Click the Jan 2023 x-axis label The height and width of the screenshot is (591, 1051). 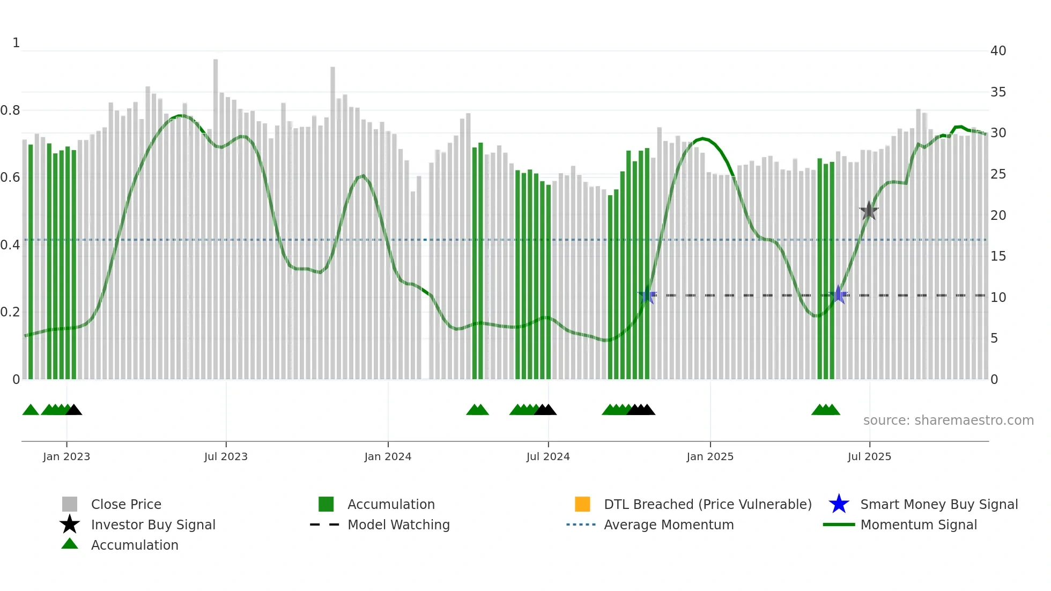[66, 456]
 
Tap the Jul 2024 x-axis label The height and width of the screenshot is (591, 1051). [547, 456]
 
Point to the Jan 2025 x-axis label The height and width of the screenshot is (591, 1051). [709, 456]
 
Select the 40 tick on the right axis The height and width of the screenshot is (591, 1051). [998, 51]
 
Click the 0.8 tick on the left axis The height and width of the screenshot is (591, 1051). [10, 110]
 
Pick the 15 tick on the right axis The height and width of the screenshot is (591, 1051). [998, 256]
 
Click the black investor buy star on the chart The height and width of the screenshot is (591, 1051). [869, 211]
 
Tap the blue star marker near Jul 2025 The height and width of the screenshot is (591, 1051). [838, 294]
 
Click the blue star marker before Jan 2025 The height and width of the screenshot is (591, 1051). [647, 295]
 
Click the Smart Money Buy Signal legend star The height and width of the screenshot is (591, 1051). [839, 504]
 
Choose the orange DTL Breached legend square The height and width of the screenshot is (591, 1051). [582, 504]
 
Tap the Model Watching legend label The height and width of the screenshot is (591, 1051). [398, 524]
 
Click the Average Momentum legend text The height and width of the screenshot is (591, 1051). [669, 524]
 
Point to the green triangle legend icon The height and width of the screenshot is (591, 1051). [70, 544]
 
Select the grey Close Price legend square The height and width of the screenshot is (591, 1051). [70, 504]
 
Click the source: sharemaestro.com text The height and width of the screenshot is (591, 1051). [948, 420]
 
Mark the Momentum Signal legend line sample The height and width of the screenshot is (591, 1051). [839, 524]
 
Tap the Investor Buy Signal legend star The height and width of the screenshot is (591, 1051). [70, 524]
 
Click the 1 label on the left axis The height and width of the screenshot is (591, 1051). [16, 43]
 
